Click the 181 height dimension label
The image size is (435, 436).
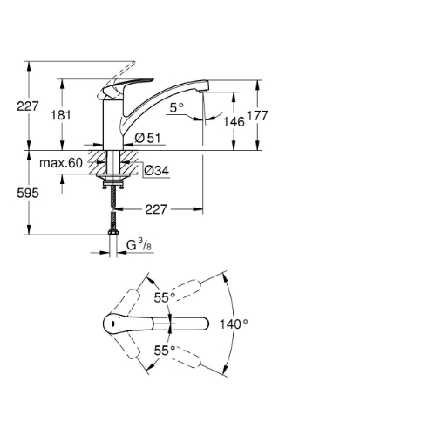tap(61, 115)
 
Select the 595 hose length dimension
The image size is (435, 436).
tap(28, 193)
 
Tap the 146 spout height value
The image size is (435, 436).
tap(234, 122)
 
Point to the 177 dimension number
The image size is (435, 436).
tap(257, 116)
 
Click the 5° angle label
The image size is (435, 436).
tap(177, 108)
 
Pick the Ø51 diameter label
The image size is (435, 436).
tap(148, 138)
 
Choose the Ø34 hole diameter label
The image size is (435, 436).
tap(157, 171)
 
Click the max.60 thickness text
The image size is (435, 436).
tap(61, 163)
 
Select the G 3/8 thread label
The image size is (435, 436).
tap(139, 245)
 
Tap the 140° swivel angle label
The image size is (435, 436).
tap(234, 324)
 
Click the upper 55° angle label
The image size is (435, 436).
tap(165, 297)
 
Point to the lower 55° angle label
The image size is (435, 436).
tap(165, 351)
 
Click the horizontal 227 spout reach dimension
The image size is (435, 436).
tap(156, 209)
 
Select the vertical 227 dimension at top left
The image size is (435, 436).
tap(28, 106)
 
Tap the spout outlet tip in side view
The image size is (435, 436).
tap(203, 92)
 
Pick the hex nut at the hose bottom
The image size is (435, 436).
tap(112, 233)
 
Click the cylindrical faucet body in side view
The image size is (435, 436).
tap(113, 125)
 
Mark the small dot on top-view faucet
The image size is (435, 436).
tap(112, 324)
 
